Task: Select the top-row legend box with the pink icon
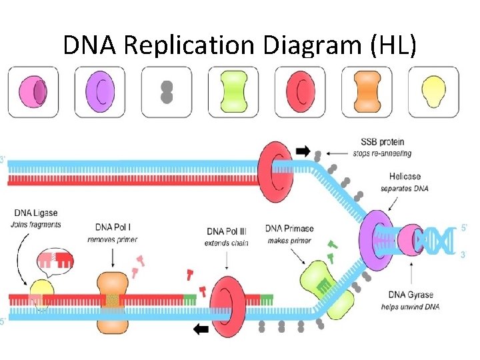(x=33, y=92)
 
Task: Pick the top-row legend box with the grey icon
(x=167, y=92)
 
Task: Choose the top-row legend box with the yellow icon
(x=434, y=92)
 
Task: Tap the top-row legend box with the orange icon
(x=367, y=92)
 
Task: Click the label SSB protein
(x=382, y=142)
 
